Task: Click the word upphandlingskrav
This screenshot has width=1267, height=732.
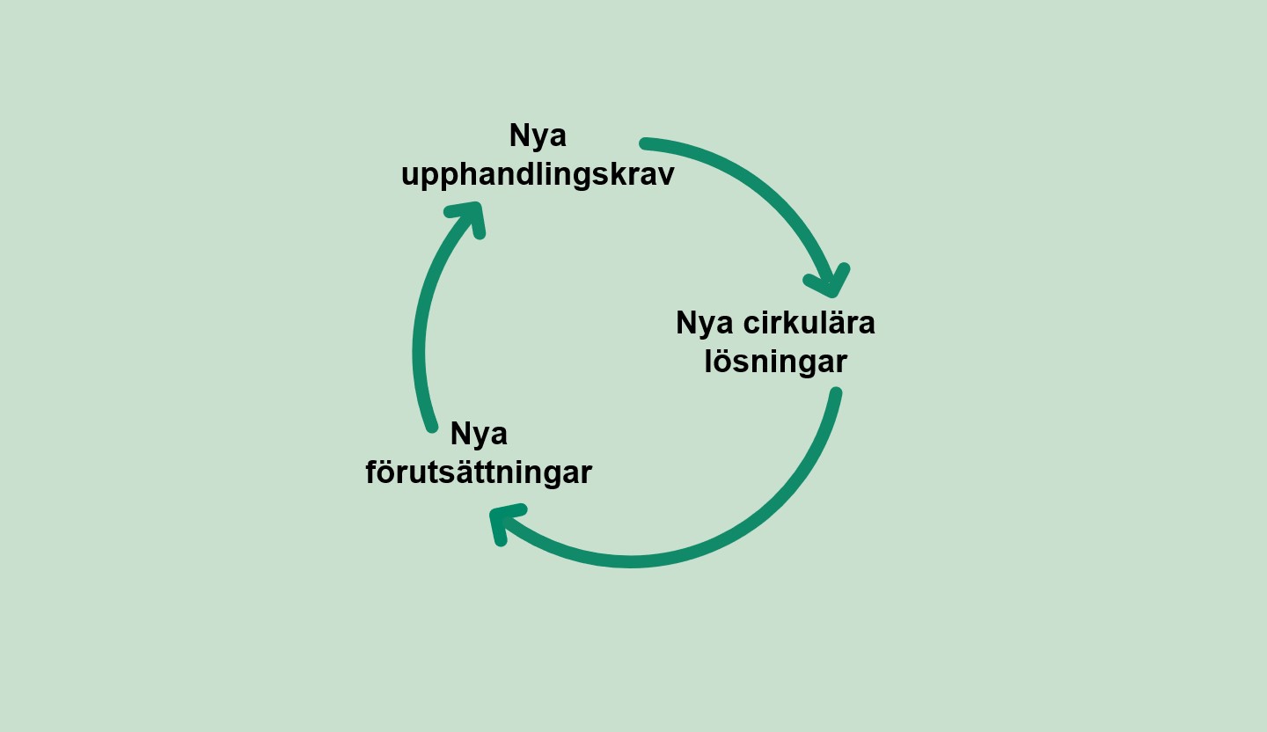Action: point(538,175)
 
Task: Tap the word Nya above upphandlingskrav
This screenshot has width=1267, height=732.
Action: point(538,136)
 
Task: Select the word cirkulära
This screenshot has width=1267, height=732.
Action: point(809,323)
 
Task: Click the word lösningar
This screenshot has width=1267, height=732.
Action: point(775,362)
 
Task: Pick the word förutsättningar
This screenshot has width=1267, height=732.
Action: point(479,472)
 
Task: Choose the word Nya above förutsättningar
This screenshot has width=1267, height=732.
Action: point(479,435)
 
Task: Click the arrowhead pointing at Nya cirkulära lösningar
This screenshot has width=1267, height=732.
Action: point(829,282)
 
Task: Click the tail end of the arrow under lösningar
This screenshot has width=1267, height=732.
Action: point(836,392)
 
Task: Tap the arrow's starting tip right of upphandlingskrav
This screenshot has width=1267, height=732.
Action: point(645,143)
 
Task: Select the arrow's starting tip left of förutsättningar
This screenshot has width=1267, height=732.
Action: point(432,427)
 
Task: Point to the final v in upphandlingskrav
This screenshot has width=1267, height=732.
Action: point(665,175)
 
